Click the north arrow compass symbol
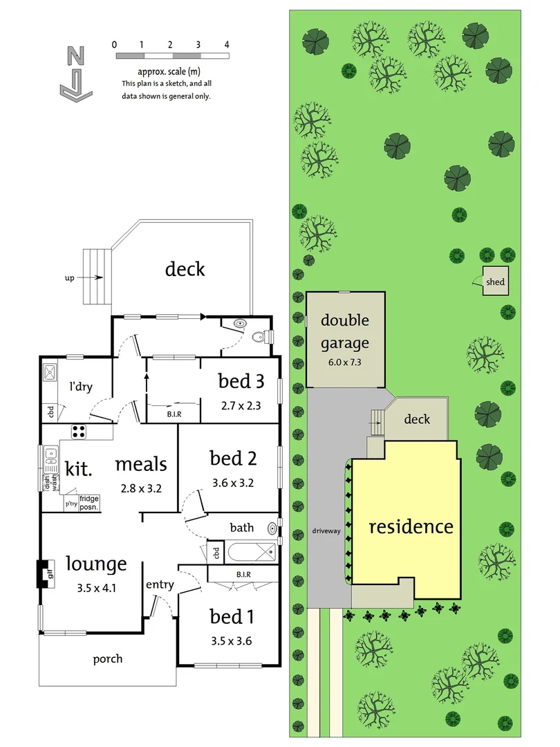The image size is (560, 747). (75, 73)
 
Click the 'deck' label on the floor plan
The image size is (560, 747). (185, 268)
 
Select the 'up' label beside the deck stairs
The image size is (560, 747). (69, 277)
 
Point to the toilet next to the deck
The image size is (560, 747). (260, 337)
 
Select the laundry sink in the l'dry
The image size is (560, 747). (50, 373)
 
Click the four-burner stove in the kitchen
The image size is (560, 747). (79, 430)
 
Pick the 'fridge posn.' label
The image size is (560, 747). (89, 502)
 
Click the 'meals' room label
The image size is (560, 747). (141, 464)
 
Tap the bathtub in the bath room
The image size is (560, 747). (251, 552)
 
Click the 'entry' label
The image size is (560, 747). (160, 585)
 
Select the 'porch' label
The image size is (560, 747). (108, 658)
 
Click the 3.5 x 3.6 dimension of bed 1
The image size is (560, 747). (231, 640)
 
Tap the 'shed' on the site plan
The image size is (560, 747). (495, 282)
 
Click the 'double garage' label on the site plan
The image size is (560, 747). (345, 331)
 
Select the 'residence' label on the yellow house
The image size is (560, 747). (411, 527)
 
